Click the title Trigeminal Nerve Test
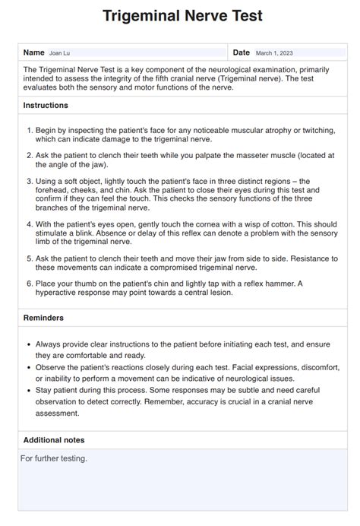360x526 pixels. click(x=180, y=17)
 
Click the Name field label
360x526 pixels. click(x=34, y=52)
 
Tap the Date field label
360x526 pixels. click(x=241, y=52)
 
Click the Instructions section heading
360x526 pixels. click(x=46, y=106)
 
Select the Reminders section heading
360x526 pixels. click(x=44, y=318)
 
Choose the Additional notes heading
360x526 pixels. click(x=54, y=440)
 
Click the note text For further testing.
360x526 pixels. click(x=54, y=458)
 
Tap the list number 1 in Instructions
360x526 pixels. click(x=29, y=130)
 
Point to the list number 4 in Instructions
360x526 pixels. click(x=29, y=225)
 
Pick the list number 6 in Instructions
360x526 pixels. click(x=29, y=284)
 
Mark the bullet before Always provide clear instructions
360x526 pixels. click(x=28, y=344)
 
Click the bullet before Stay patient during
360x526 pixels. click(x=28, y=389)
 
